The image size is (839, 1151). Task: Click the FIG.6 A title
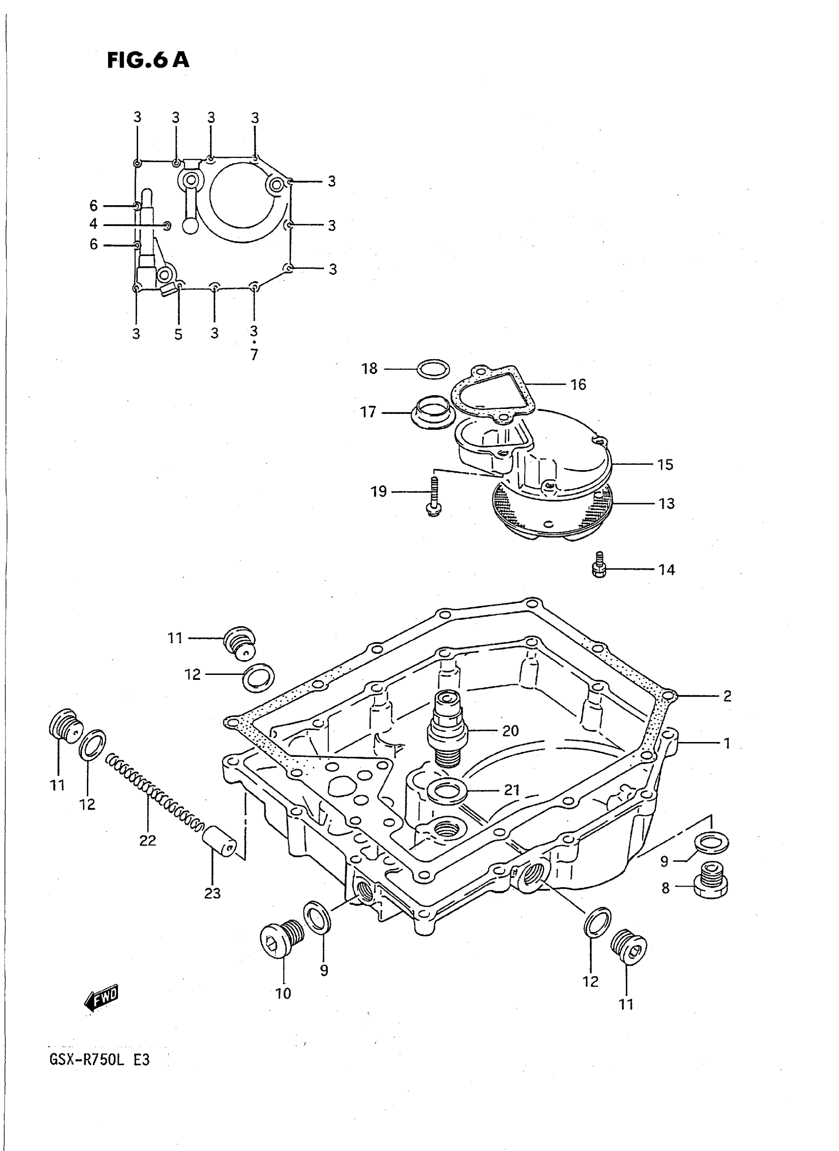click(148, 60)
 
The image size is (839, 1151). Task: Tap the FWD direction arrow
click(102, 998)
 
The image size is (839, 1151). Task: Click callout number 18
click(369, 369)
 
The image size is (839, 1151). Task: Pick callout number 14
click(666, 570)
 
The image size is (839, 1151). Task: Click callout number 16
click(578, 384)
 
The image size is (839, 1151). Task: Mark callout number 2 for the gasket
click(727, 696)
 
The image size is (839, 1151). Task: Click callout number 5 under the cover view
click(178, 334)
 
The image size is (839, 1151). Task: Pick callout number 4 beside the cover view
click(93, 224)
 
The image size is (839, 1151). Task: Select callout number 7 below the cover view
click(254, 354)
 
